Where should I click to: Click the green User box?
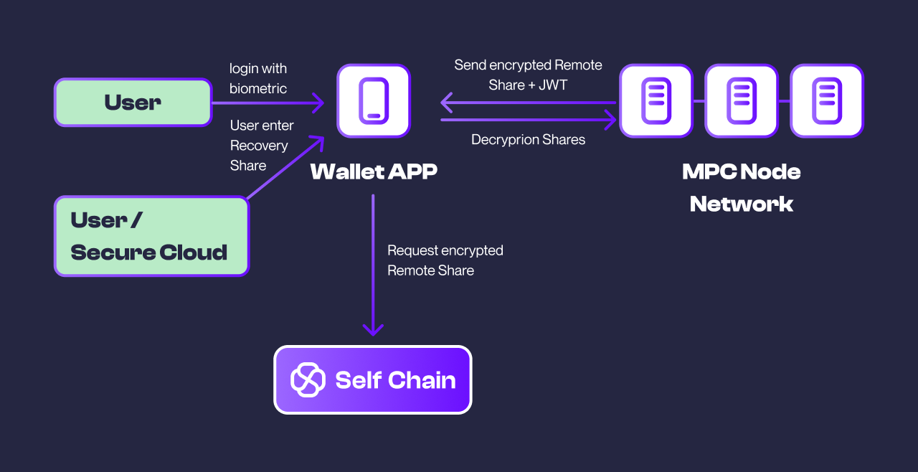point(133,103)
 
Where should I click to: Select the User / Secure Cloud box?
point(151,236)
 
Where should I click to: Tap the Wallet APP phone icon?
point(374,100)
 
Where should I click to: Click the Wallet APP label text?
point(374,171)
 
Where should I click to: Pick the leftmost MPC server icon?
point(656,100)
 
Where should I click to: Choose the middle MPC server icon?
point(742,100)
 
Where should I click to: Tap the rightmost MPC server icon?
point(827,100)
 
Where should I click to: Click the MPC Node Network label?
point(742,187)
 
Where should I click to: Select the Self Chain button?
point(373,379)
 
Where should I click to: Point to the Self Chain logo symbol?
point(308,379)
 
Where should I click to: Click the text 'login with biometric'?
point(258,78)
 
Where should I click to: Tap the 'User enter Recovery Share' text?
point(261,145)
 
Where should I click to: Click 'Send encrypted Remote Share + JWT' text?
point(528,75)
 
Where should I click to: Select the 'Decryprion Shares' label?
point(528,139)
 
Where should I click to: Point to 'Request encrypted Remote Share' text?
point(445,260)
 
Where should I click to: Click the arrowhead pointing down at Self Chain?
point(373,329)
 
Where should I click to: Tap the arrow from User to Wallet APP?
point(265,103)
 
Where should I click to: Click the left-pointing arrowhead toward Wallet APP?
point(447,103)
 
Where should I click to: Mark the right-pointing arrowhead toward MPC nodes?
point(610,120)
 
